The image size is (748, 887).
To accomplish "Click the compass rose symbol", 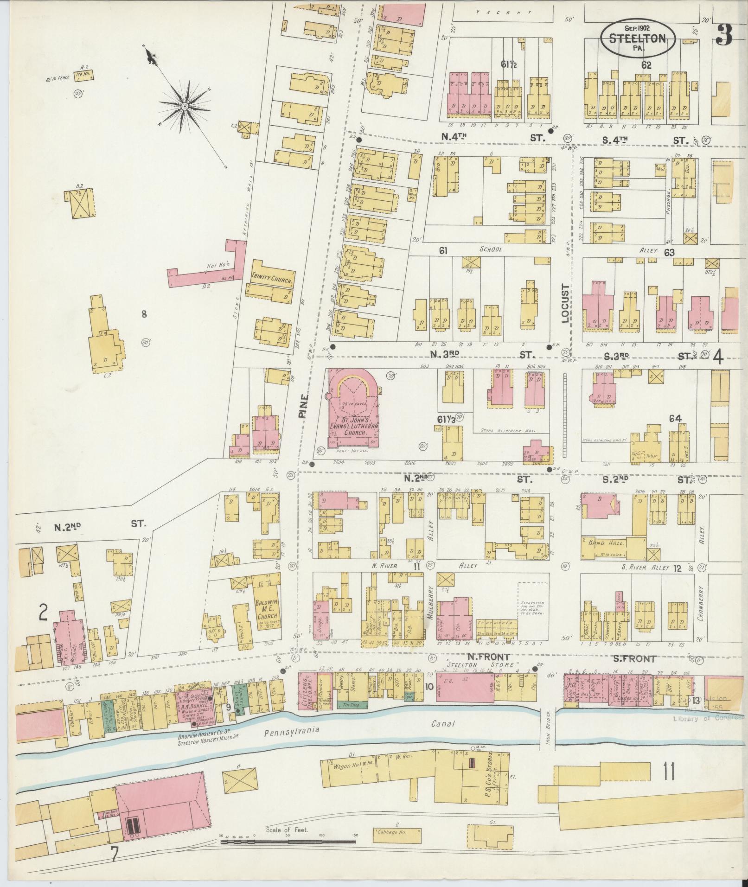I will [185, 106].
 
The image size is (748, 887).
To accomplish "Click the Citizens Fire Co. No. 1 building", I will [308, 692].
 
